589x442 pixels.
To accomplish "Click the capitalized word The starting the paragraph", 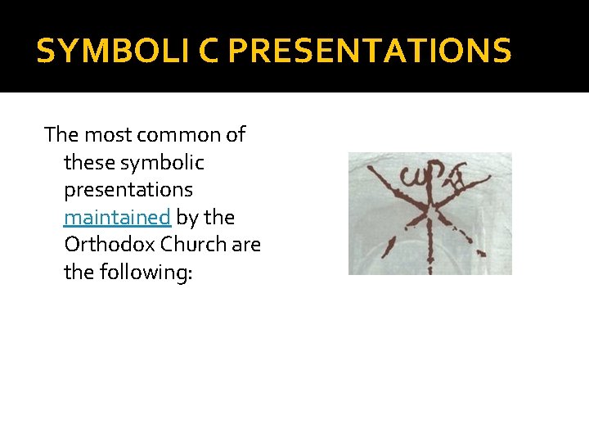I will [x=62, y=134].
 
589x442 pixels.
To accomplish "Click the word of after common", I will [x=234, y=134].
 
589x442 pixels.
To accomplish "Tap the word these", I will [x=89, y=162].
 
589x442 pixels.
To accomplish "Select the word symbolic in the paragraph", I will [x=162, y=162].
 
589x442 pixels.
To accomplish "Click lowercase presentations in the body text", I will [x=128, y=190].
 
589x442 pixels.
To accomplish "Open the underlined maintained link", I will [x=117, y=217].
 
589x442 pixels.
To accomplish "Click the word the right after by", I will [x=219, y=217].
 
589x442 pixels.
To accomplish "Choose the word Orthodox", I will [x=109, y=245].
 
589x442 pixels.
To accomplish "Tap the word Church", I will [x=193, y=245].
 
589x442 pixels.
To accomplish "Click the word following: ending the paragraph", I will [x=128, y=273].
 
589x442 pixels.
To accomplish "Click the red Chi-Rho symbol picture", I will [x=430, y=213].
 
